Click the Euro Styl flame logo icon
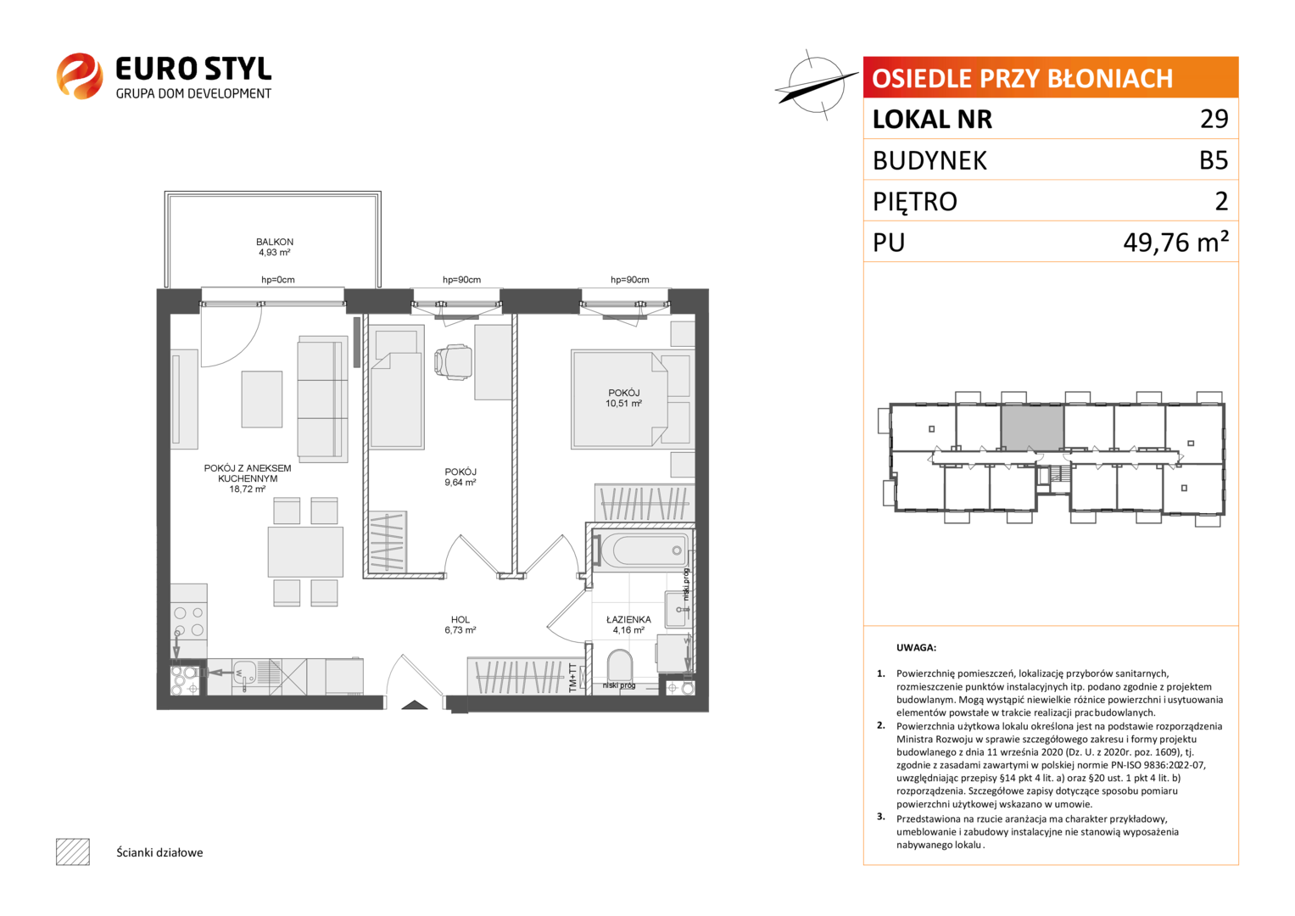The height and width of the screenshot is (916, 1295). pos(80,75)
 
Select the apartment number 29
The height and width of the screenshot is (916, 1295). pos(1214,119)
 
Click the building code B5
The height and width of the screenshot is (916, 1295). pos(1214,160)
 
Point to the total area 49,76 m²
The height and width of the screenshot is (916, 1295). pos(1175,242)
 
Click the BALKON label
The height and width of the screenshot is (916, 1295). pos(275,242)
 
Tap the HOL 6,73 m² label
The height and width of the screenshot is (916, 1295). pos(461,624)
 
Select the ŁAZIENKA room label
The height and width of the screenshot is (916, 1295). pos(628,619)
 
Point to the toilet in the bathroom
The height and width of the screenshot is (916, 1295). pos(620,666)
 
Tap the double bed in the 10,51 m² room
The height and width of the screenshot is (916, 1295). pos(630,399)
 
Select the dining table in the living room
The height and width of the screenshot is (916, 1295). pos(305,551)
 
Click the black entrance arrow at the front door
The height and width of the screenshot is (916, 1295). pos(414,704)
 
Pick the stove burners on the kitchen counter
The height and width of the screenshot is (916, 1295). pos(188,621)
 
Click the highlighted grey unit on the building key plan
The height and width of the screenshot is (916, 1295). pos(1032,427)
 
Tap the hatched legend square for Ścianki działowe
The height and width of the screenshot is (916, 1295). pos(73,852)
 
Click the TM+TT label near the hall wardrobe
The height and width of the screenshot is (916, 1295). pos(572,677)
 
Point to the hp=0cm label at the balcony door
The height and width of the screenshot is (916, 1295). pos(278,280)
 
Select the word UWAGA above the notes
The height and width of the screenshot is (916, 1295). pos(916,648)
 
